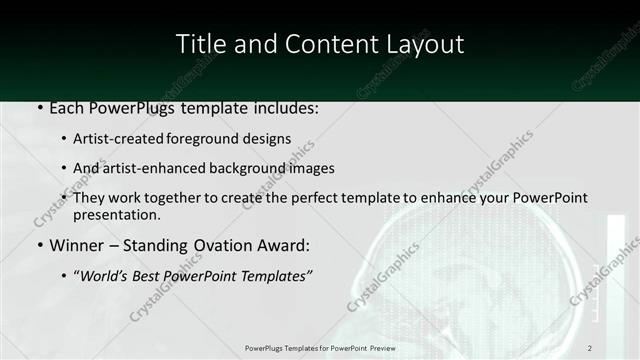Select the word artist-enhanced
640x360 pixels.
click(x=163, y=168)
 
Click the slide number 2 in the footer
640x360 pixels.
click(x=590, y=347)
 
